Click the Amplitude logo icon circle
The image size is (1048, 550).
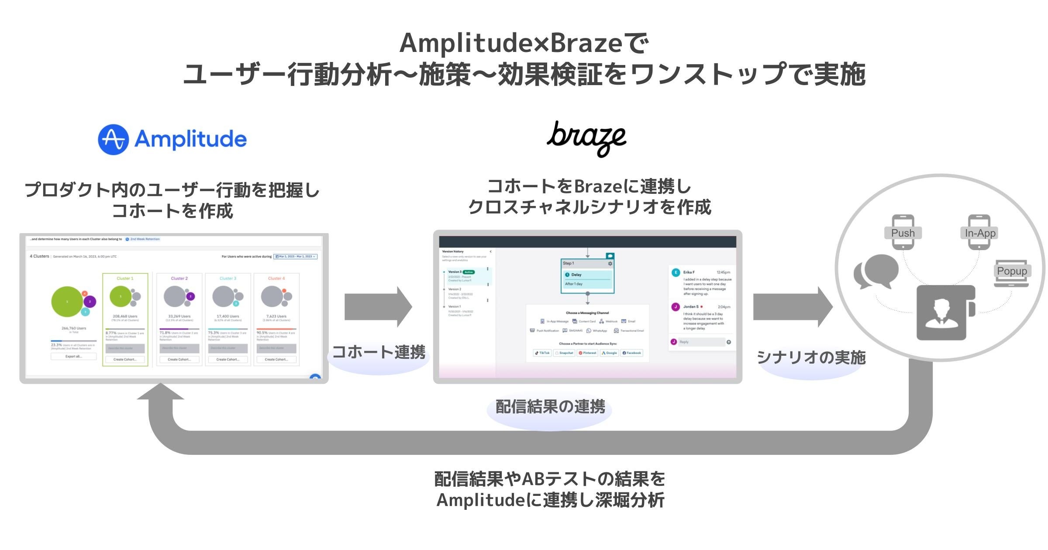[113, 140]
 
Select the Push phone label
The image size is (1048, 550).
[903, 233]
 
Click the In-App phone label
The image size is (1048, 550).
[980, 233]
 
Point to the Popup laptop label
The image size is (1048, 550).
[1012, 271]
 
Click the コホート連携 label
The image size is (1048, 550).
[379, 352]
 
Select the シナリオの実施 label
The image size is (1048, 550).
[811, 357]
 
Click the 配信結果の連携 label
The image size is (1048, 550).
[550, 407]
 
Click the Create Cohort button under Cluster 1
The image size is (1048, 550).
[125, 360]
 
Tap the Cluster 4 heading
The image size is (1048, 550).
[276, 278]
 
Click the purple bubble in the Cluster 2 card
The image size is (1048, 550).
[190, 296]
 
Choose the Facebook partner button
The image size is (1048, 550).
[631, 353]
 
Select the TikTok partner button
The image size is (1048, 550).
[542, 353]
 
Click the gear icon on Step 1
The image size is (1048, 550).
[610, 264]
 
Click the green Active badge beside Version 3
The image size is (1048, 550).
[469, 272]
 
